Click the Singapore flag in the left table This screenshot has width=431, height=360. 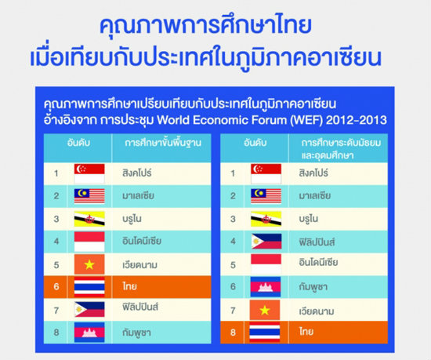click(x=89, y=173)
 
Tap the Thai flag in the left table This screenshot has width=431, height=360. click(x=89, y=287)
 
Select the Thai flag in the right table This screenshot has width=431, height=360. click(x=265, y=333)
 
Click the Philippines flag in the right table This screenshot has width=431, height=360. click(x=266, y=242)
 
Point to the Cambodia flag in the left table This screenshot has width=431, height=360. click(x=89, y=333)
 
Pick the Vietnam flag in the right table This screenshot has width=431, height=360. click(x=265, y=310)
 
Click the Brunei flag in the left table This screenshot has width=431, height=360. click(x=89, y=219)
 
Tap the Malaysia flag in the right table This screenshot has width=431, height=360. click(x=266, y=196)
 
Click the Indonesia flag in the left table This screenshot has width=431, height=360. click(x=89, y=242)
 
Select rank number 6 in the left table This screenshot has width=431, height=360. click(x=56, y=286)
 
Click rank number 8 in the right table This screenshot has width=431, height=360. click(x=233, y=333)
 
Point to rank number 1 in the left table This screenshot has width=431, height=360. click(x=56, y=173)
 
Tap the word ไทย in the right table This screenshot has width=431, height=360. click(x=306, y=332)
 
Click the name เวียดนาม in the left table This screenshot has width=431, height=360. click(x=140, y=265)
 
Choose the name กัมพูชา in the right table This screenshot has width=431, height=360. click(x=313, y=287)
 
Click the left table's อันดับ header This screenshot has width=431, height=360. click(x=78, y=143)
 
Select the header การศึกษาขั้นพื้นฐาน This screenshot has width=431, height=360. click(x=163, y=143)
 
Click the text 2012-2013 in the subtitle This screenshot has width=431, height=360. click(x=357, y=120)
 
